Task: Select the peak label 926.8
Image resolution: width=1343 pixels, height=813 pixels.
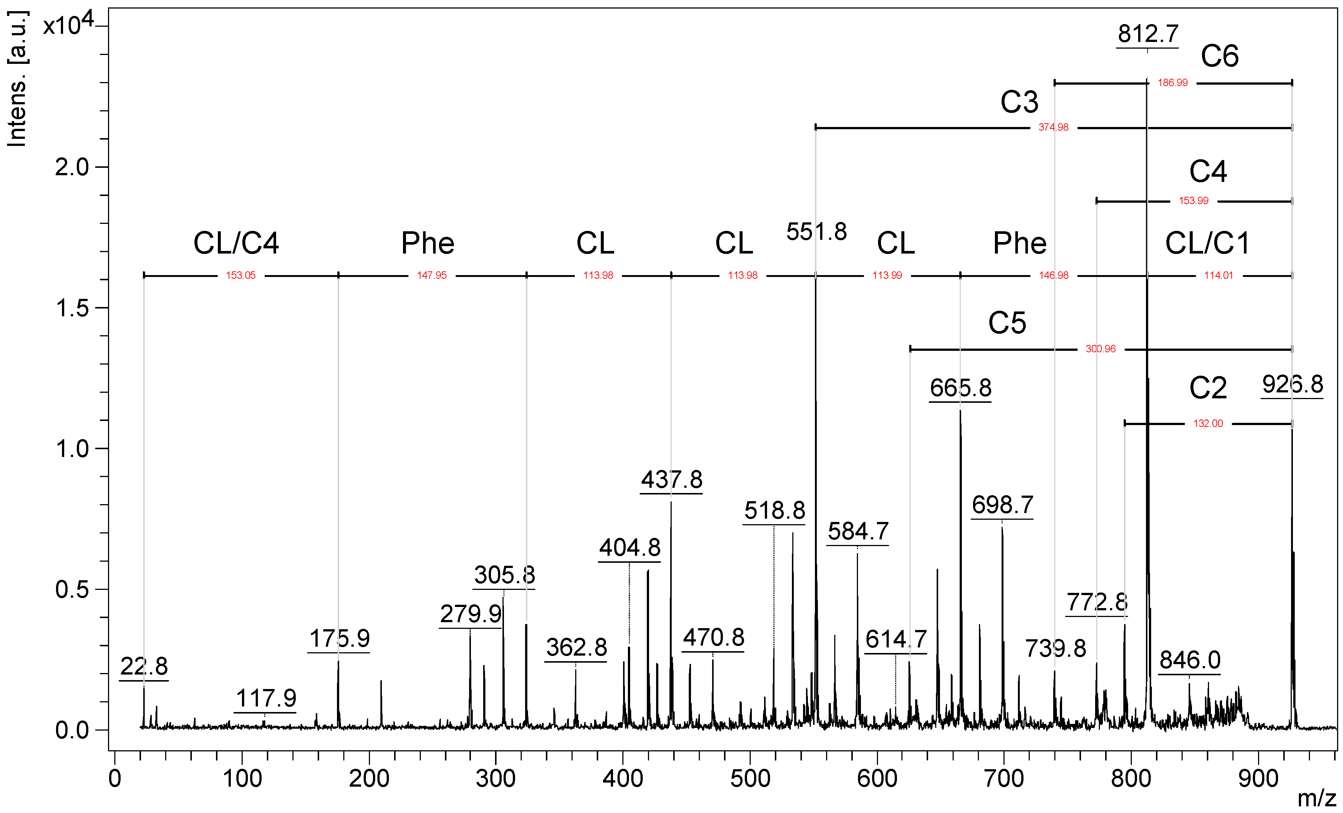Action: pyautogui.click(x=1292, y=385)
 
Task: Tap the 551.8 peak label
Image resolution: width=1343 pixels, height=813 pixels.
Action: pyautogui.click(x=816, y=232)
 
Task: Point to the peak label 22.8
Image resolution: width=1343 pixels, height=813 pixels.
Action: pyautogui.click(x=144, y=666)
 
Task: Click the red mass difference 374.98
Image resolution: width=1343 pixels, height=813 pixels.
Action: pyautogui.click(x=1053, y=128)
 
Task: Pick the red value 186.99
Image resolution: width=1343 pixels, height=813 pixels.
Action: pyautogui.click(x=1172, y=83)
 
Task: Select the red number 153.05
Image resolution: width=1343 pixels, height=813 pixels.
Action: pyautogui.click(x=240, y=275)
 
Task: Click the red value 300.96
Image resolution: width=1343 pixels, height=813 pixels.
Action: pyautogui.click(x=1100, y=349)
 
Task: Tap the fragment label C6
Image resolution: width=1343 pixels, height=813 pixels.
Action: pyautogui.click(x=1219, y=56)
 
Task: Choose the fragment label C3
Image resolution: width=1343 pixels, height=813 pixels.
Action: pyautogui.click(x=1019, y=102)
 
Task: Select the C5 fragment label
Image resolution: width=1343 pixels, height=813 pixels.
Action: pyautogui.click(x=1007, y=323)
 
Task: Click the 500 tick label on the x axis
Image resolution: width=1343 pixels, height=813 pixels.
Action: pyautogui.click(x=750, y=778)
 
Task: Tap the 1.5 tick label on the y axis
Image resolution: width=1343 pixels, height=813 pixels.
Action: pyautogui.click(x=72, y=308)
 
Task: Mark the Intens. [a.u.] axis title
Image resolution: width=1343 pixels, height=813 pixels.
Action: pyautogui.click(x=17, y=79)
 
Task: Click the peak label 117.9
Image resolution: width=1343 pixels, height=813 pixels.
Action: pyautogui.click(x=266, y=699)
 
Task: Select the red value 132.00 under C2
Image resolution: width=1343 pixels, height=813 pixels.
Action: pyautogui.click(x=1208, y=424)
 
